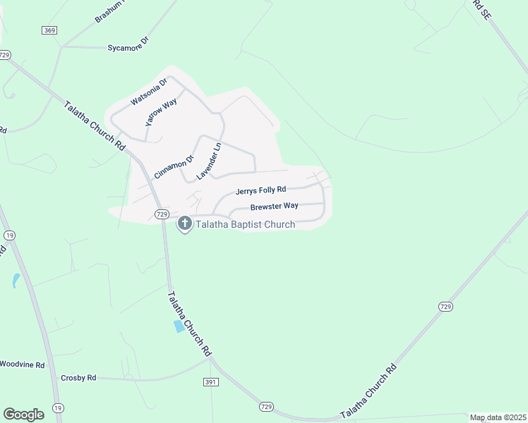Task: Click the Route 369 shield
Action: point(49,30)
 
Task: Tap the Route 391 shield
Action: point(214,381)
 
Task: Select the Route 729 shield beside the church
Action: point(162,214)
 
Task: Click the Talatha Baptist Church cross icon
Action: point(185,224)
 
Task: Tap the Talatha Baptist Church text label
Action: point(245,225)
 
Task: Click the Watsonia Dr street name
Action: point(149,92)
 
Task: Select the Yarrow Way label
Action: point(161,113)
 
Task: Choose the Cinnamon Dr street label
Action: point(164,166)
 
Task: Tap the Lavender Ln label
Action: point(209,161)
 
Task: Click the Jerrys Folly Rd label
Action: point(260,190)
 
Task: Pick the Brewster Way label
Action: point(274,206)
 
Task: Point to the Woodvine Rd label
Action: point(22,364)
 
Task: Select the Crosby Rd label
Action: point(78,378)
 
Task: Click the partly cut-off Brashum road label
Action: point(112,11)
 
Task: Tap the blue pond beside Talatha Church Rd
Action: point(180,326)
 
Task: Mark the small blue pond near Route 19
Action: point(16,281)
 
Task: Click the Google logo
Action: point(23,414)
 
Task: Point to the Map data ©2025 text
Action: point(498,417)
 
